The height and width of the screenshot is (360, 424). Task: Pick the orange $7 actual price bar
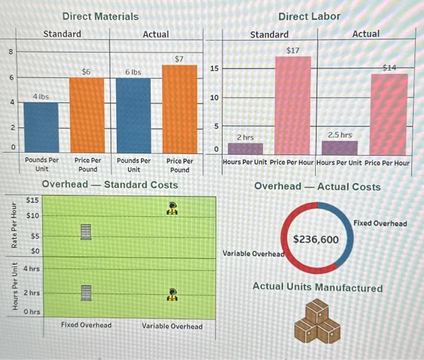[179, 108]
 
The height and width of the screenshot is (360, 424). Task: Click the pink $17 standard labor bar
[293, 104]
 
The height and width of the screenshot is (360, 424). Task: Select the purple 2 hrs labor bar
[245, 148]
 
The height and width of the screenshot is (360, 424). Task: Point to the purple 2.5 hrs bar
[339, 147]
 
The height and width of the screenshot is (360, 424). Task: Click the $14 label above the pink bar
[390, 68]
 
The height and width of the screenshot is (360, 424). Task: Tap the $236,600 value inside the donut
[316, 240]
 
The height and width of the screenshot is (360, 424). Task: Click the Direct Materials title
[101, 16]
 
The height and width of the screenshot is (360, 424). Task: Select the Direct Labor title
[310, 16]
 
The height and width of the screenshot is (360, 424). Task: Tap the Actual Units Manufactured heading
[317, 287]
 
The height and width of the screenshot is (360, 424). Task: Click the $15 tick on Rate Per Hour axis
[33, 200]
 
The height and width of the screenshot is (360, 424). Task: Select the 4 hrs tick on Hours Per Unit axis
[31, 268]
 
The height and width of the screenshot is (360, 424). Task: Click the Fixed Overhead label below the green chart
[86, 325]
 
